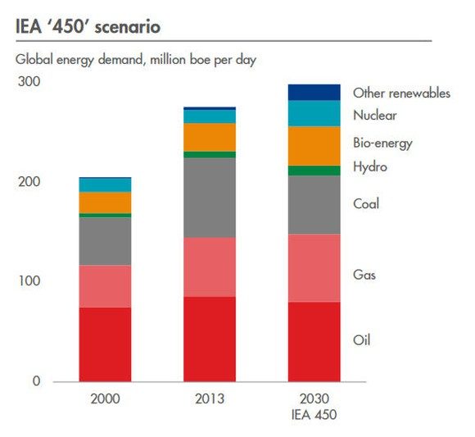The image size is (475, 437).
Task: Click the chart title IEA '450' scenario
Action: [x=88, y=28]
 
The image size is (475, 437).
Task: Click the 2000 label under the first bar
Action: [x=105, y=399]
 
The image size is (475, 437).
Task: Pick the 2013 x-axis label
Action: [x=210, y=399]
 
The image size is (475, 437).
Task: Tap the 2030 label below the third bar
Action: [x=314, y=399]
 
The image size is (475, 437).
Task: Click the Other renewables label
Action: [x=401, y=93]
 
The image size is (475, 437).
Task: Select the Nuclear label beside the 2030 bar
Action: [x=375, y=116]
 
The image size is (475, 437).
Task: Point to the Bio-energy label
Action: [x=382, y=143]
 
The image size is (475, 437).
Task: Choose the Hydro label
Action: [x=370, y=167]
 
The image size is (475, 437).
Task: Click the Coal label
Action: [x=366, y=204]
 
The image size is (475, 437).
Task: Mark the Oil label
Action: [x=361, y=339]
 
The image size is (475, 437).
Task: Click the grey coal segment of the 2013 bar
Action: [x=210, y=197]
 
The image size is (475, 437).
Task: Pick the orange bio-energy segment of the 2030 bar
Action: [x=314, y=146]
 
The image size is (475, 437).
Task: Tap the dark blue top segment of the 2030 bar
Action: [x=314, y=92]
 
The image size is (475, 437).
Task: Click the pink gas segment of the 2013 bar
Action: [x=210, y=266]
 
